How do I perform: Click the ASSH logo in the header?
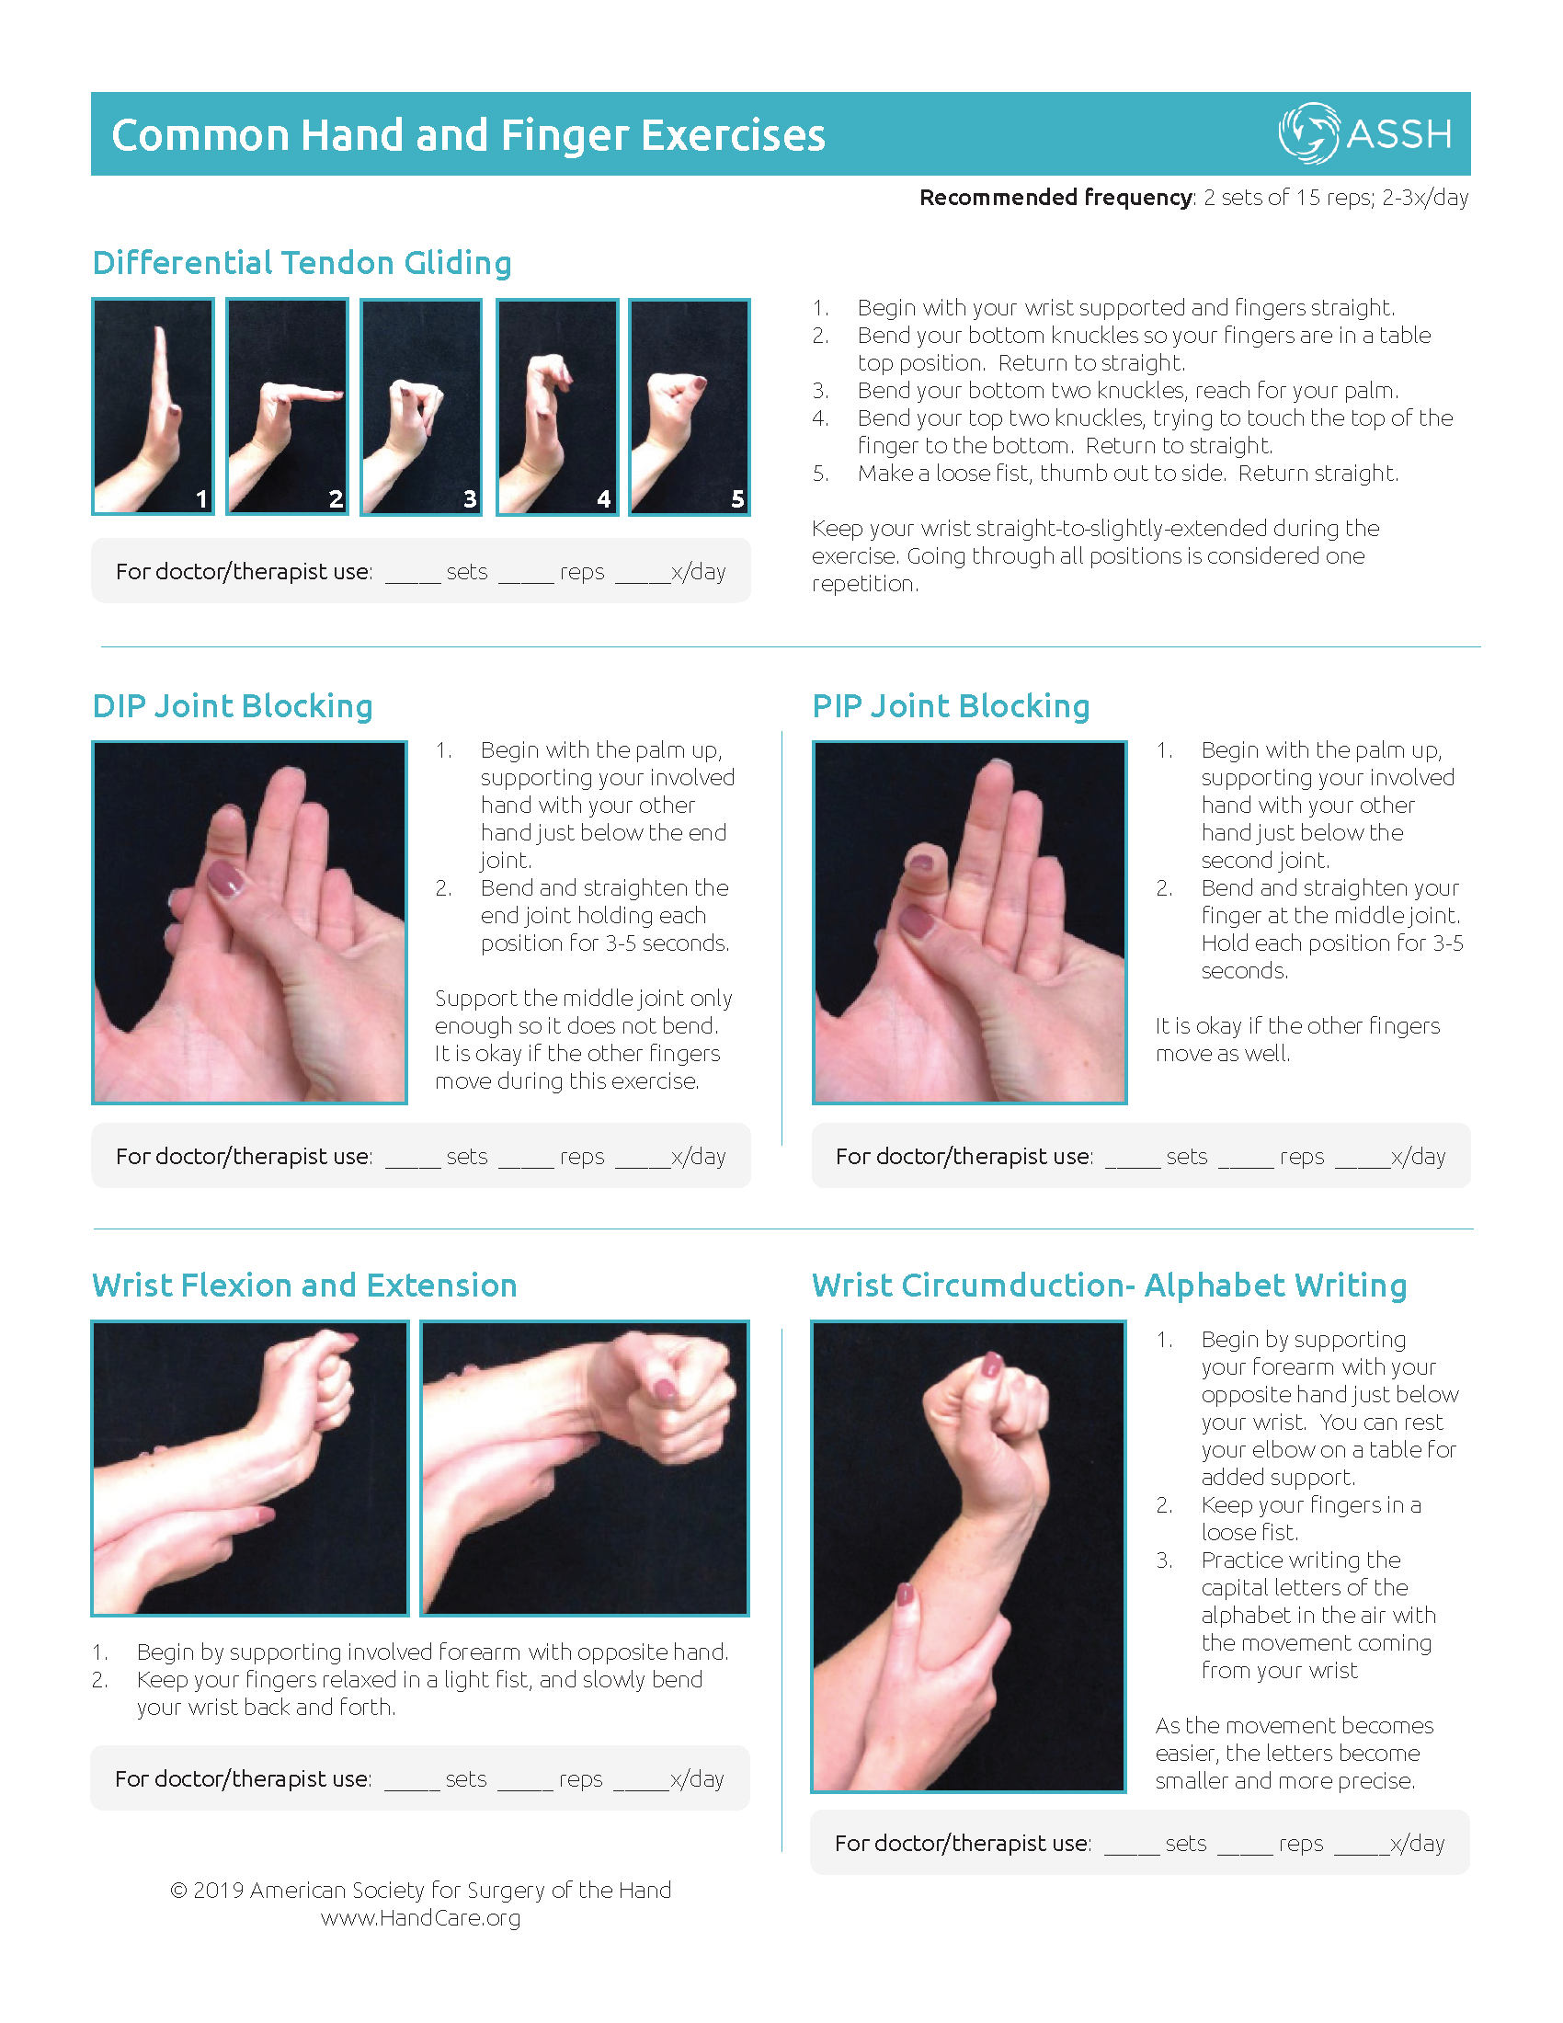coord(1364,133)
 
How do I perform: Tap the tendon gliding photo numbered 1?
coord(153,406)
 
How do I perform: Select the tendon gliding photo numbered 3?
coord(421,406)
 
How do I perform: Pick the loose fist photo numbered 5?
coord(690,406)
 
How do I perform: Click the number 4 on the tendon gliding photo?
coord(604,499)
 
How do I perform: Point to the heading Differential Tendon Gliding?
coord(302,263)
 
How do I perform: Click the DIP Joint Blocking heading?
coord(233,706)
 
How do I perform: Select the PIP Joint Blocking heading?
coord(951,706)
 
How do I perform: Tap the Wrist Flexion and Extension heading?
coord(304,1286)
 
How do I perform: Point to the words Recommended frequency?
coord(1056,198)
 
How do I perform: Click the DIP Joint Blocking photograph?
coord(250,922)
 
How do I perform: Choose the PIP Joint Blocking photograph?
coord(969,922)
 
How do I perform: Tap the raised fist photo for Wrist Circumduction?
coord(968,1556)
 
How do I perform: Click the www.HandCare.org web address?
coord(420,1917)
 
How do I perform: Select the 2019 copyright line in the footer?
coord(420,1890)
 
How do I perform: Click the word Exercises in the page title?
coord(733,135)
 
